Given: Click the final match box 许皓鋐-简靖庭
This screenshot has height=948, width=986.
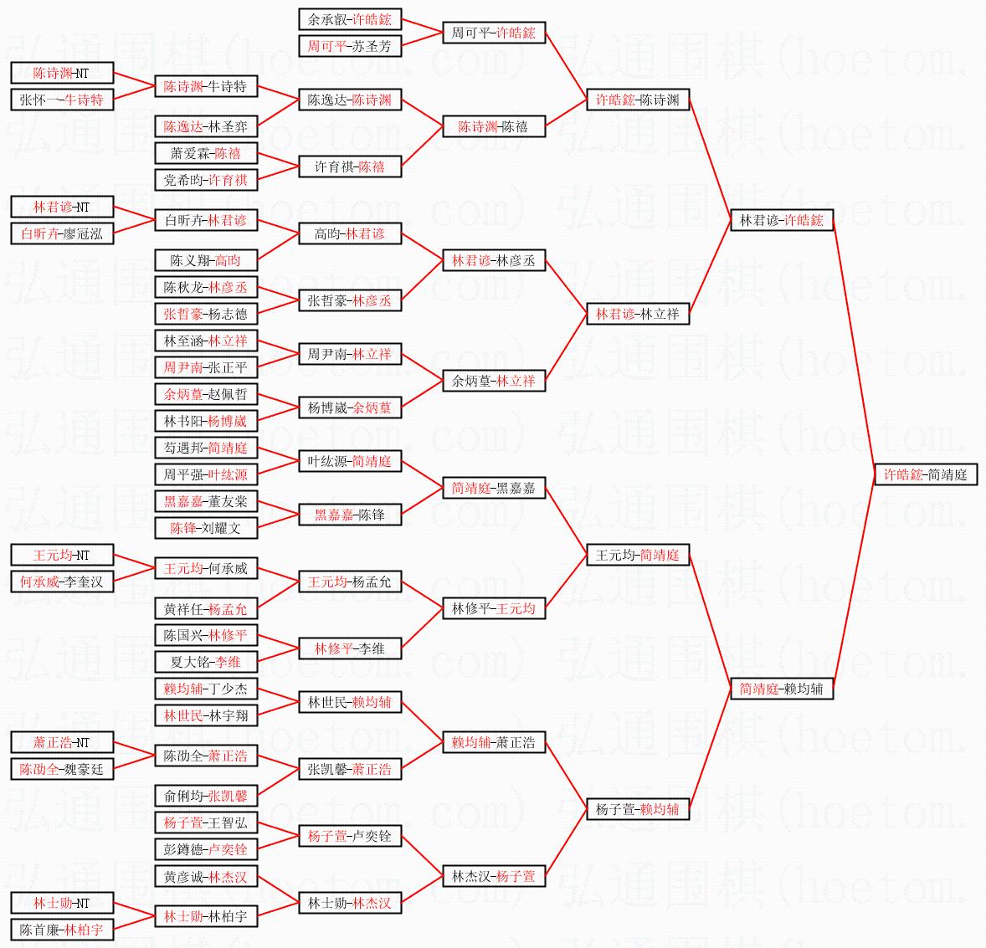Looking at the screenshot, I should coord(925,474).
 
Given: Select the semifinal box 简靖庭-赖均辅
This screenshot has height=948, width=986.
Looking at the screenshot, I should coord(781,689).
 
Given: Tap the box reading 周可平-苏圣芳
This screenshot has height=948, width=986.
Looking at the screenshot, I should coord(349,46).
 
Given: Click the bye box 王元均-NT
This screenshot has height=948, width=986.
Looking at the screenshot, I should coord(62,555).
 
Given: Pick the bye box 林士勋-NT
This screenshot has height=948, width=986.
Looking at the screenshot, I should coord(62,903).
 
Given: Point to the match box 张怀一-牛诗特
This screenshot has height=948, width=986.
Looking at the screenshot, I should coord(62,100).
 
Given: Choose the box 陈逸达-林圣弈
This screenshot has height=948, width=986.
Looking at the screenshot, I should coord(206,126).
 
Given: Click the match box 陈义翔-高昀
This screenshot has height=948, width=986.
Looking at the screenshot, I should coord(206,260).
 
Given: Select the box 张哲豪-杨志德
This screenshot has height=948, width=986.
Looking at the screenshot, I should coord(206,314).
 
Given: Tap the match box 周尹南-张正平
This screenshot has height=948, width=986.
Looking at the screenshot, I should coord(206,367).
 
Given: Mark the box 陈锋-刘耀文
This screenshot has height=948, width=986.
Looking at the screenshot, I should coord(206,528).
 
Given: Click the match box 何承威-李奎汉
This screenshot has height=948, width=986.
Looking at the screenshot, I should coord(62,582).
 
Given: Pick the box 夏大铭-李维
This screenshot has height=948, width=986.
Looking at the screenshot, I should coord(206,662).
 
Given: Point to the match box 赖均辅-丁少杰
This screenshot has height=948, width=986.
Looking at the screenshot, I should coord(206,689).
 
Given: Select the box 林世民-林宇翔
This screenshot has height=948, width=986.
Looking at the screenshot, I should coord(206,715).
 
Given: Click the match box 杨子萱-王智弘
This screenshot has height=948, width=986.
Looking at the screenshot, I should coord(206,822).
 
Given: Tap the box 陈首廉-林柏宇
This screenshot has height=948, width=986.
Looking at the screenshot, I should coord(62,930).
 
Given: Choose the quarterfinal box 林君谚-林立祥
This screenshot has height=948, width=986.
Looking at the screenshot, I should coord(637,314).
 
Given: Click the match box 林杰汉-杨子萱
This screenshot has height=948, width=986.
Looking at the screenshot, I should coord(493,876).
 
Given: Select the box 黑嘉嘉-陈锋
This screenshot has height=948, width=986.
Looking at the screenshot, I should coord(349,515).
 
